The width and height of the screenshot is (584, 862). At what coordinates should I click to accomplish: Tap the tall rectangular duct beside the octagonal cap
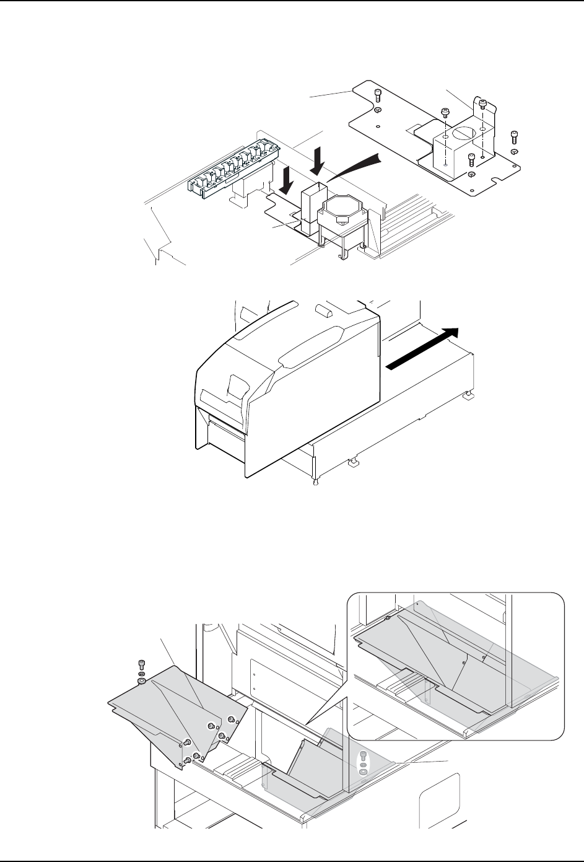[310, 205]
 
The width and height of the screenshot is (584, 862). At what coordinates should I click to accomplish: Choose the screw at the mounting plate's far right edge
[513, 136]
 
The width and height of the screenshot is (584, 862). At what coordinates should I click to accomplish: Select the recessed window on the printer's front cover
[234, 387]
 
